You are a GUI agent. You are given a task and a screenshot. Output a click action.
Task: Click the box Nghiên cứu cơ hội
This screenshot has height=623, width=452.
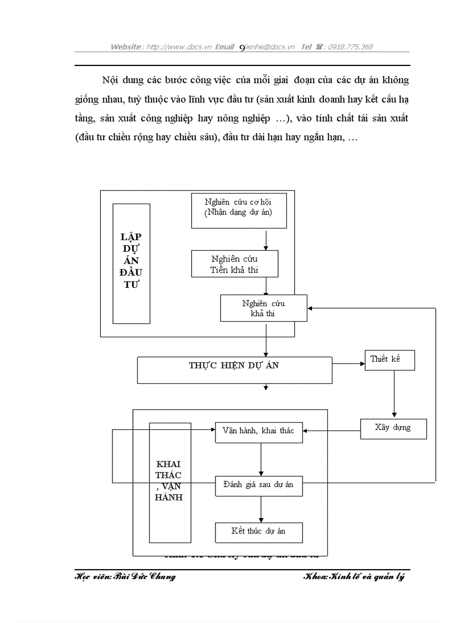239,210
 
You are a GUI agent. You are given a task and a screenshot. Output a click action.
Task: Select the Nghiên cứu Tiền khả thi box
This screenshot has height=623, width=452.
235,264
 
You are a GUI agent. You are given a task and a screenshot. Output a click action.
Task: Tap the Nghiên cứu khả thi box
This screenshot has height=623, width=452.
263,308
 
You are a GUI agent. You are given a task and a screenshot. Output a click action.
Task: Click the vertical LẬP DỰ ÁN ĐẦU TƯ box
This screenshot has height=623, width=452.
131,263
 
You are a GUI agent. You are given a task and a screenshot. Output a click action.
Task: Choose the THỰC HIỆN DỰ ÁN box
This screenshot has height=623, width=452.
234,370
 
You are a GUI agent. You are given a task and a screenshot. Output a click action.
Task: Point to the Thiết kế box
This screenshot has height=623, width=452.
390,360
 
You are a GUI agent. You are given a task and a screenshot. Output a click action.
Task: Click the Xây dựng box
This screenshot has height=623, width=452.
393,429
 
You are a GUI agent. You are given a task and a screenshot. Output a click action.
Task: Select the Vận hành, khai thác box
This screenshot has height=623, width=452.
259,432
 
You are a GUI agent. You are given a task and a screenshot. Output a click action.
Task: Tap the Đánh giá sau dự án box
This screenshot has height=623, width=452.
259,485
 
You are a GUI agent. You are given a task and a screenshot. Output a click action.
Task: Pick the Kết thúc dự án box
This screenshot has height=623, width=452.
259,532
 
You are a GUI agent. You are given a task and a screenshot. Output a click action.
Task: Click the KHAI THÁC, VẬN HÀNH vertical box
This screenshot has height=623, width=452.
169,482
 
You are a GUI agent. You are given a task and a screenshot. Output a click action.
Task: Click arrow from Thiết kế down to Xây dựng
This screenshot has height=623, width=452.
394,394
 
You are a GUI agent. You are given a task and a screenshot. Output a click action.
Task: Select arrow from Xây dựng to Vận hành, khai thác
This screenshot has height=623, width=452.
331,430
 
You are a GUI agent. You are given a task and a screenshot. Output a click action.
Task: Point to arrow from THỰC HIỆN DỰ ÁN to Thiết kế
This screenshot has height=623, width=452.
348,364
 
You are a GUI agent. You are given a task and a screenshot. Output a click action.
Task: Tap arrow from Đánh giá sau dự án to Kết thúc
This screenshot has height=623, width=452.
261,509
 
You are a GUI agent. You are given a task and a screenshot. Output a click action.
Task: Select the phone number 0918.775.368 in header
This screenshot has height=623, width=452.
350,47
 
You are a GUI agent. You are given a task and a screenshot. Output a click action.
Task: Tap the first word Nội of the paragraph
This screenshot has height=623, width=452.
109,80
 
